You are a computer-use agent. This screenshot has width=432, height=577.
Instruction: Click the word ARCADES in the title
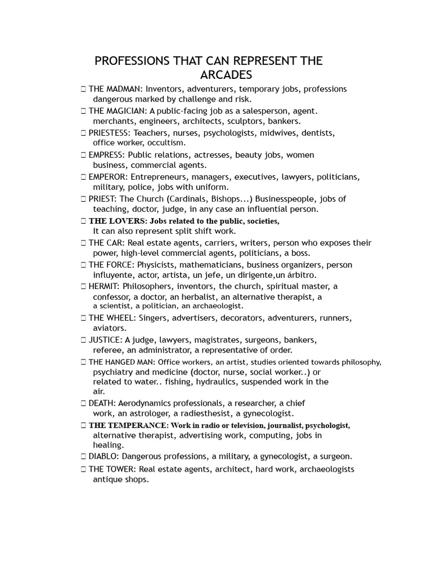pos(226,75)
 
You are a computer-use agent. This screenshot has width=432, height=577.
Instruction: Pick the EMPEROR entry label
pos(107,177)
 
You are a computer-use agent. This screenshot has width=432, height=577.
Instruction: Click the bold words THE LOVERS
pos(117,221)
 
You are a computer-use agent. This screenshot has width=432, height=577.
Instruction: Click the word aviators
pos(110,327)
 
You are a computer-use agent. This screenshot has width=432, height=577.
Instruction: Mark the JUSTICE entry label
pos(105,340)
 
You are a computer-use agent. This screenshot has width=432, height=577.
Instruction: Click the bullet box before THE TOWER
pos(83,469)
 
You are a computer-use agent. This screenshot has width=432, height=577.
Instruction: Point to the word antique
pos(106,480)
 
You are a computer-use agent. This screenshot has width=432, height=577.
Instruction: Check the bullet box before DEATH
pos(83,403)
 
